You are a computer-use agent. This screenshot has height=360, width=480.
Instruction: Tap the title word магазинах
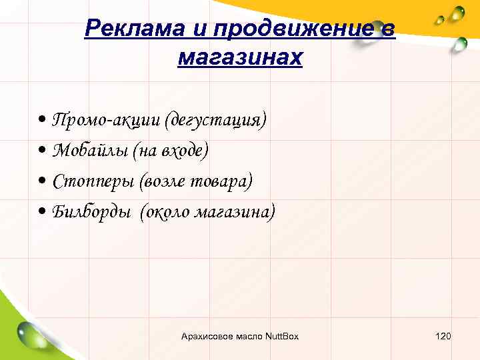pyautogui.click(x=240, y=57)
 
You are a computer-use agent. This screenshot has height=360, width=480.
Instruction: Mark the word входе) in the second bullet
pyautogui.click(x=183, y=151)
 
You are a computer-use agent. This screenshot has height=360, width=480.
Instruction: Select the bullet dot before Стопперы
pyautogui.click(x=43, y=182)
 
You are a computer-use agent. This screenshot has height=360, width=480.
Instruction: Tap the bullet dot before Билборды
pyautogui.click(x=43, y=212)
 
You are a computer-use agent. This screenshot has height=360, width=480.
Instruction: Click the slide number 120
pyautogui.click(x=443, y=336)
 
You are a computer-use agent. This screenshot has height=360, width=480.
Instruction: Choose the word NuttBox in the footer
pyautogui.click(x=282, y=336)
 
